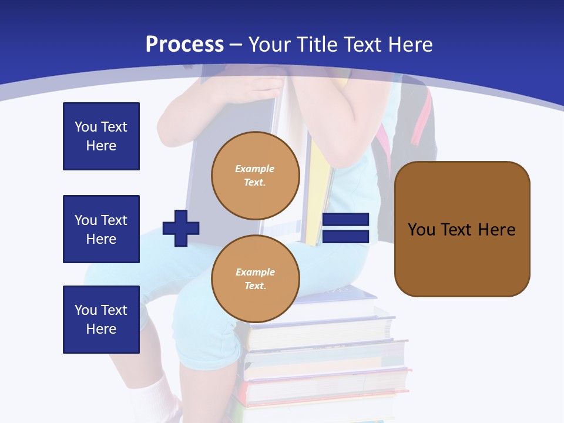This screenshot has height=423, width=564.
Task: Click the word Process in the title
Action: pos(184,44)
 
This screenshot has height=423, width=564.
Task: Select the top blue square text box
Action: pos(101,136)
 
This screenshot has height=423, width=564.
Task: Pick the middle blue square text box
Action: pos(101,229)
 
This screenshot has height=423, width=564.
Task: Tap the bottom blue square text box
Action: pos(101,320)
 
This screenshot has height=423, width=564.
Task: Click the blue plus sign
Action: pos(181,228)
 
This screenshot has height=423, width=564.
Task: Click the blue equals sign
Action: pos(345,229)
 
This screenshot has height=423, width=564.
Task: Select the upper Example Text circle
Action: pos(255,176)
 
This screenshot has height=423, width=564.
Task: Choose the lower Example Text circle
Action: pos(255,279)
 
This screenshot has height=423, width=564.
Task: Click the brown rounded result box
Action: pos(462,229)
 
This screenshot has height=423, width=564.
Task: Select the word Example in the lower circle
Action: pos(255,272)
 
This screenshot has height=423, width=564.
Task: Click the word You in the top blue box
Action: pos(85,127)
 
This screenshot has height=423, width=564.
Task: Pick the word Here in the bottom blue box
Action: pos(101,329)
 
